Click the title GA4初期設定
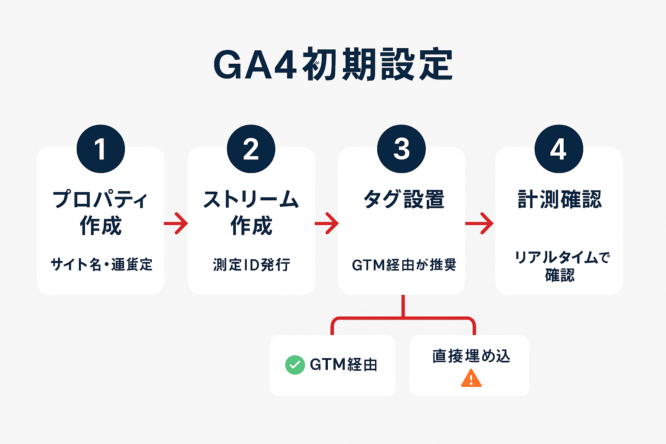click(x=333, y=65)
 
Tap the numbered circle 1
click(x=101, y=149)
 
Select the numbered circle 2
click(x=251, y=149)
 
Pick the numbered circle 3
click(x=402, y=149)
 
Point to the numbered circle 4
click(x=558, y=149)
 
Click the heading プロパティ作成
click(x=101, y=212)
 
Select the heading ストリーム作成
click(x=251, y=212)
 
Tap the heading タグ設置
click(x=403, y=200)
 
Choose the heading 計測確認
click(x=559, y=200)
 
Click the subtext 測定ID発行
click(x=251, y=264)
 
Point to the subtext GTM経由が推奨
click(x=404, y=264)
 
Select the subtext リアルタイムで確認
click(x=561, y=266)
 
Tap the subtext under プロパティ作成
click(x=101, y=264)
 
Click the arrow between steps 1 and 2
click(x=176, y=223)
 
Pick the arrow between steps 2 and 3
click(x=326, y=223)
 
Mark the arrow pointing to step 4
click(x=479, y=223)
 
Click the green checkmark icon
click(x=295, y=365)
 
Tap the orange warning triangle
click(x=471, y=378)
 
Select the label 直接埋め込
click(x=471, y=356)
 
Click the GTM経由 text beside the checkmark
click(x=343, y=365)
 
